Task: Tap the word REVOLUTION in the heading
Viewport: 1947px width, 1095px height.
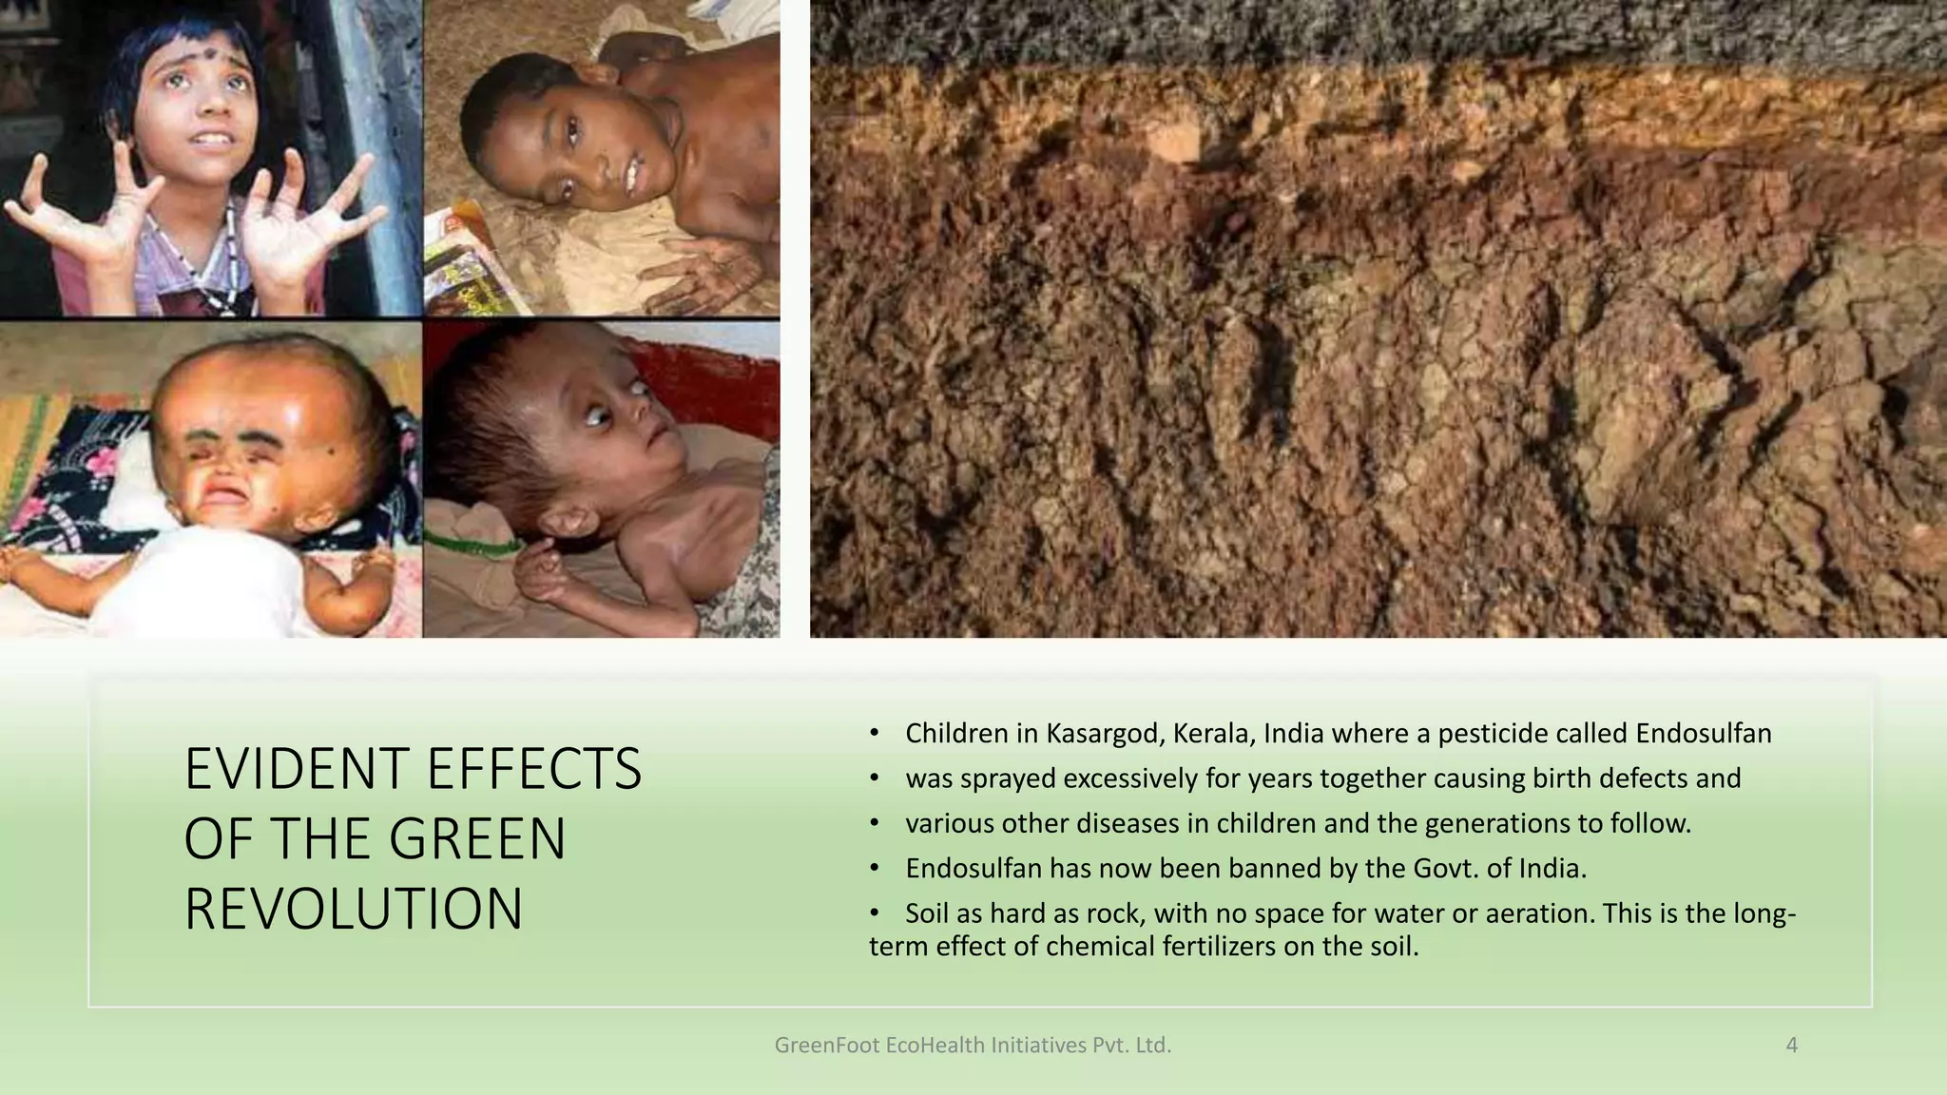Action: [x=354, y=910]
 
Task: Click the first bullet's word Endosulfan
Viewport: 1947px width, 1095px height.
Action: [x=1704, y=734]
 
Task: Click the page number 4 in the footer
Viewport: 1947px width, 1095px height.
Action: [x=1792, y=1046]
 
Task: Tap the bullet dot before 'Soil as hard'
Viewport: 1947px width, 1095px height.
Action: [x=875, y=913]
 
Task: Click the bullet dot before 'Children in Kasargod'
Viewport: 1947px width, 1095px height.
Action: [x=875, y=734]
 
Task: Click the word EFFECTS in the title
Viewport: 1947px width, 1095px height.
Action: [x=533, y=769]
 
